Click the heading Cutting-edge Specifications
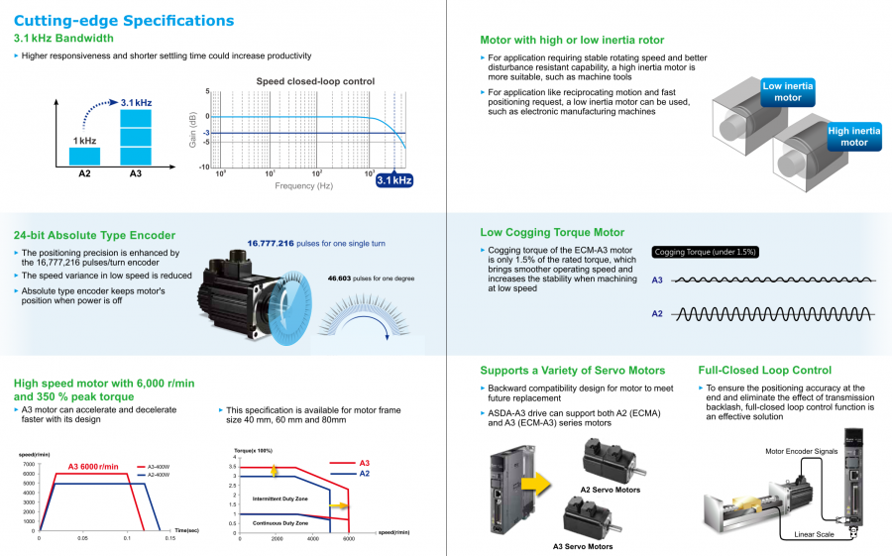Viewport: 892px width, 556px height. point(124,20)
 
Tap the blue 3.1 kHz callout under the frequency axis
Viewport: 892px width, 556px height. point(393,180)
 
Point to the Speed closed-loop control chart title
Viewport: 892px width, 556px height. point(315,80)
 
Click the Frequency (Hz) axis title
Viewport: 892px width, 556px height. point(303,185)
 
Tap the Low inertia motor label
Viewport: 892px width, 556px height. point(787,92)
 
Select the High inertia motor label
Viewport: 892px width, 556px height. point(853,137)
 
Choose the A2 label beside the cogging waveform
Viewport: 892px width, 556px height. point(657,313)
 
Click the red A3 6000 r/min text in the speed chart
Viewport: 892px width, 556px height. point(92,467)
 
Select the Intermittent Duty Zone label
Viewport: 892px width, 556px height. point(280,499)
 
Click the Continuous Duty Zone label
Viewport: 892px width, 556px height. point(279,522)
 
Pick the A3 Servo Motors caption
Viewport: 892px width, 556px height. point(583,546)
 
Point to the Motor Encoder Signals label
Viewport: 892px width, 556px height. point(801,451)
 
